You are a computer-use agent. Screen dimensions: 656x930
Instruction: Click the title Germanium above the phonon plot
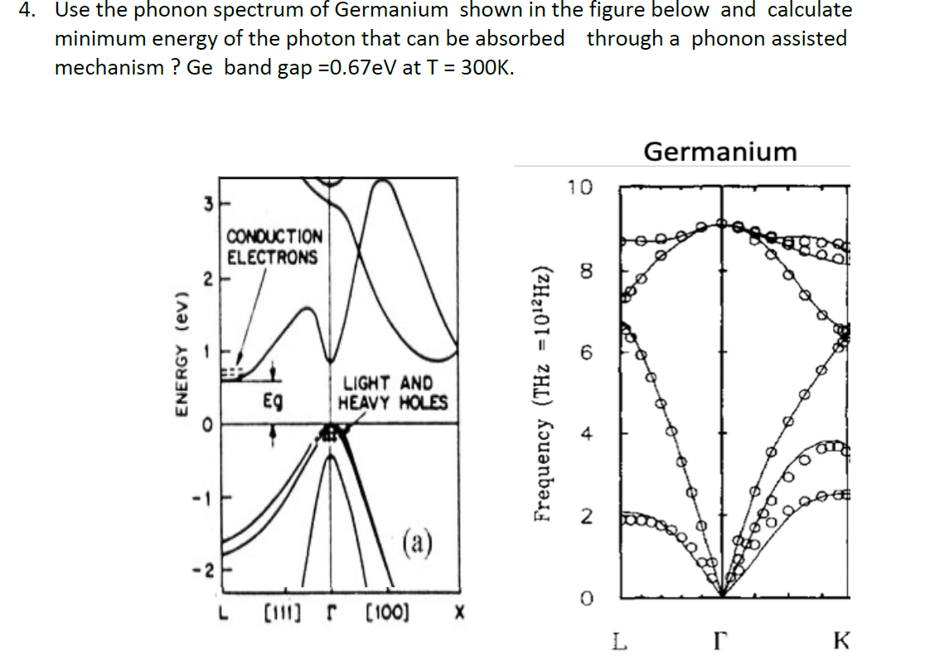[x=719, y=152]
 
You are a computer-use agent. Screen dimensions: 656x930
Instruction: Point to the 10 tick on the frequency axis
[x=581, y=187]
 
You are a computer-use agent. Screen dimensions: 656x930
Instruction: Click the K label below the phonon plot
[x=841, y=639]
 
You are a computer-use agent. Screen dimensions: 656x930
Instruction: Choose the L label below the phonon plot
[x=620, y=639]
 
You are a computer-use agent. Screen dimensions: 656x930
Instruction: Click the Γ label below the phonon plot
[x=721, y=639]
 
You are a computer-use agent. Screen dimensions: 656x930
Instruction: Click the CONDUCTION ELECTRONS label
[x=273, y=247]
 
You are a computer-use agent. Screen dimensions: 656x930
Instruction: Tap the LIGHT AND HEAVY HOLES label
[x=392, y=393]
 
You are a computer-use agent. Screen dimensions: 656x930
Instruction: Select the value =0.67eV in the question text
[x=357, y=67]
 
